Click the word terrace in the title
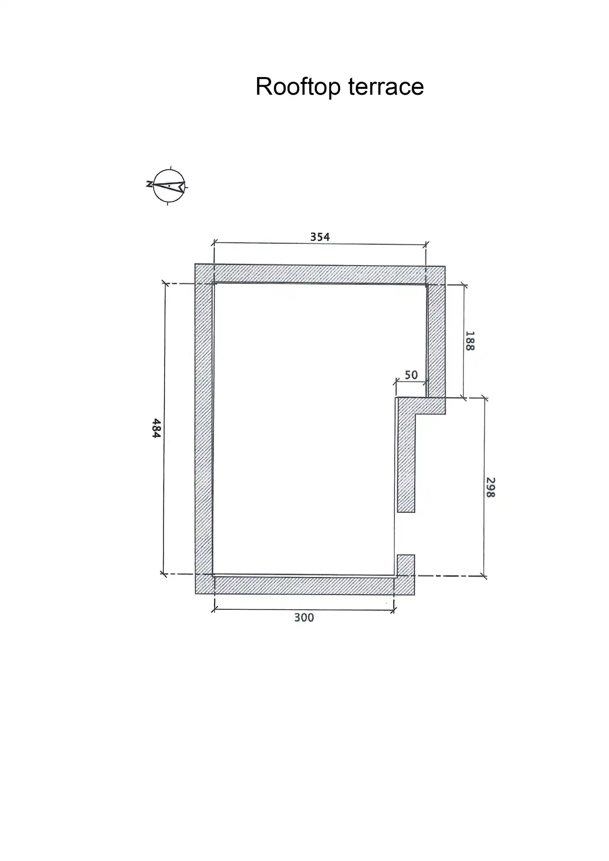[x=386, y=87]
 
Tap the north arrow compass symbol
[x=169, y=186]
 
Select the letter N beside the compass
[x=149, y=184]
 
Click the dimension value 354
[x=320, y=237]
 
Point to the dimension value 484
[x=156, y=428]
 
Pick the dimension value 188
[x=470, y=341]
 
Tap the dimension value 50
[x=411, y=374]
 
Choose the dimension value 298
[x=491, y=487]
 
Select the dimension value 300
[x=304, y=617]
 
